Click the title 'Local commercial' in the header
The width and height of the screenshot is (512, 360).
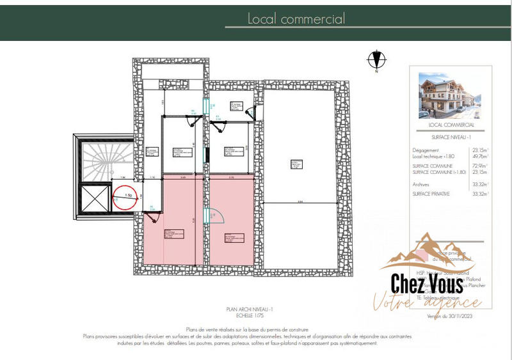(x=296, y=19)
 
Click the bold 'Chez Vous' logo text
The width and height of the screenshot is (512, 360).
(x=428, y=283)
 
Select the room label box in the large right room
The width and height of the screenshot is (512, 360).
(x=296, y=164)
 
